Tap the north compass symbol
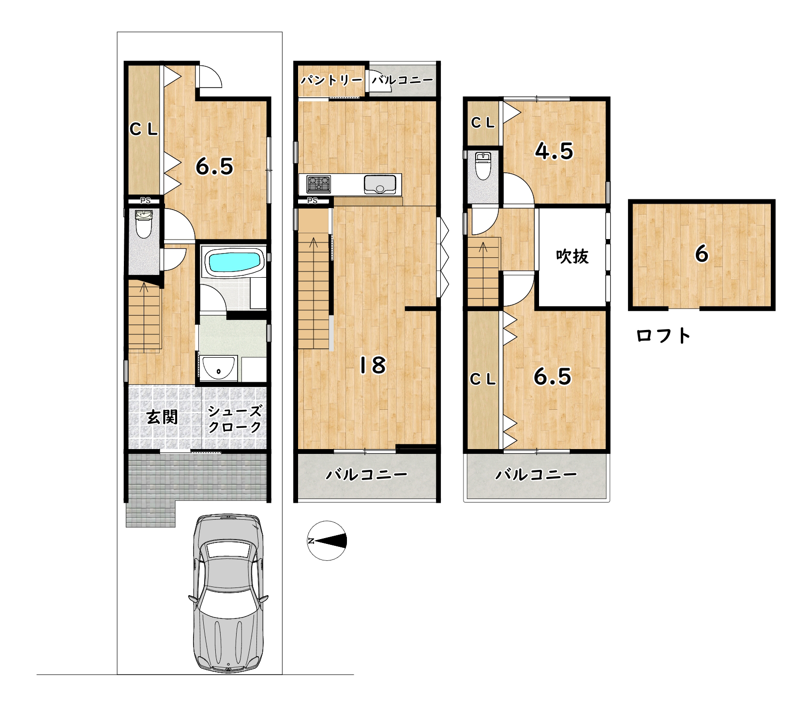pos(328,541)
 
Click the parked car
pos(227,594)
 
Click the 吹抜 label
pos(572,256)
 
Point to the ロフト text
pos(663,335)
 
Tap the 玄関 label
pos(162,417)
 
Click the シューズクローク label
pos(235,419)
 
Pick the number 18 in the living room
pos(372,365)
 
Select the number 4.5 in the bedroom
pos(554,151)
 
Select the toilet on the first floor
pos(144,224)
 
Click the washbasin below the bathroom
pos(219,368)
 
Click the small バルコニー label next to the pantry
pos(403,80)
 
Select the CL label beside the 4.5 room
pos(483,123)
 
